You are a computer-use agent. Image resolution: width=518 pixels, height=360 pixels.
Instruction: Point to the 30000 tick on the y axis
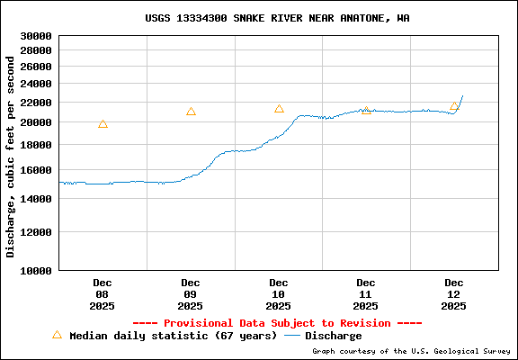coord(37,37)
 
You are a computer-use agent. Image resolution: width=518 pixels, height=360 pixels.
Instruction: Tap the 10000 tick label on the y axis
coord(37,270)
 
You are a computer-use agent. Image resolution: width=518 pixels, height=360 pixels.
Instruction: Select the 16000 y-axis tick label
coord(37,170)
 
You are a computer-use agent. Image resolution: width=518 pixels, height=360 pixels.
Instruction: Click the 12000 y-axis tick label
coord(37,232)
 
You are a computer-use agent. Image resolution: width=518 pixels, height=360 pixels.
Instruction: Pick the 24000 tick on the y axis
coord(37,84)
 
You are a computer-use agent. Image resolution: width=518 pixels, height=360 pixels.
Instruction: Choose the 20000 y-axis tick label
coord(37,122)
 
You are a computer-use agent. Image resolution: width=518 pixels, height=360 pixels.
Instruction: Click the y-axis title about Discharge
coord(11,153)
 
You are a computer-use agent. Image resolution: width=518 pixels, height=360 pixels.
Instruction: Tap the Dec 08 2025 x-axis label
coord(103,294)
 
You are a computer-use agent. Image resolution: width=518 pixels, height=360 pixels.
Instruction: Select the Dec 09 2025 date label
coord(191,294)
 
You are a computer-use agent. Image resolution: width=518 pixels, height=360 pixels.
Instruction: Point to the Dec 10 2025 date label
coord(279,294)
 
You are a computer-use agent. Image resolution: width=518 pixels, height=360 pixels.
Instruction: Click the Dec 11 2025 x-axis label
coord(366,294)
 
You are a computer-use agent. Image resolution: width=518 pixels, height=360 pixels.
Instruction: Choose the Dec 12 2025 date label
coord(454,294)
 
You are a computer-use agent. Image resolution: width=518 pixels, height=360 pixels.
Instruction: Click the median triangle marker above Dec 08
coord(103,124)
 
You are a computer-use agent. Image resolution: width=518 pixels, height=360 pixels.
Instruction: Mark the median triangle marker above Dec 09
coord(191,112)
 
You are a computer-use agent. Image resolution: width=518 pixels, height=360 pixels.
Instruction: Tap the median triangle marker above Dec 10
coord(279,109)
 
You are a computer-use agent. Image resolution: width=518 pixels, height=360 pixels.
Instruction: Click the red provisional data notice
coord(277,323)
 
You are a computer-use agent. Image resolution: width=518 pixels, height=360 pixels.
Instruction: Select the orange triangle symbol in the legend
coord(57,335)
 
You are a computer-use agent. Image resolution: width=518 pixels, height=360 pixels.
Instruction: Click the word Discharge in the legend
coord(334,337)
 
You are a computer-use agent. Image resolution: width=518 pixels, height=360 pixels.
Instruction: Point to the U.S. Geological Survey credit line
coord(410,352)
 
